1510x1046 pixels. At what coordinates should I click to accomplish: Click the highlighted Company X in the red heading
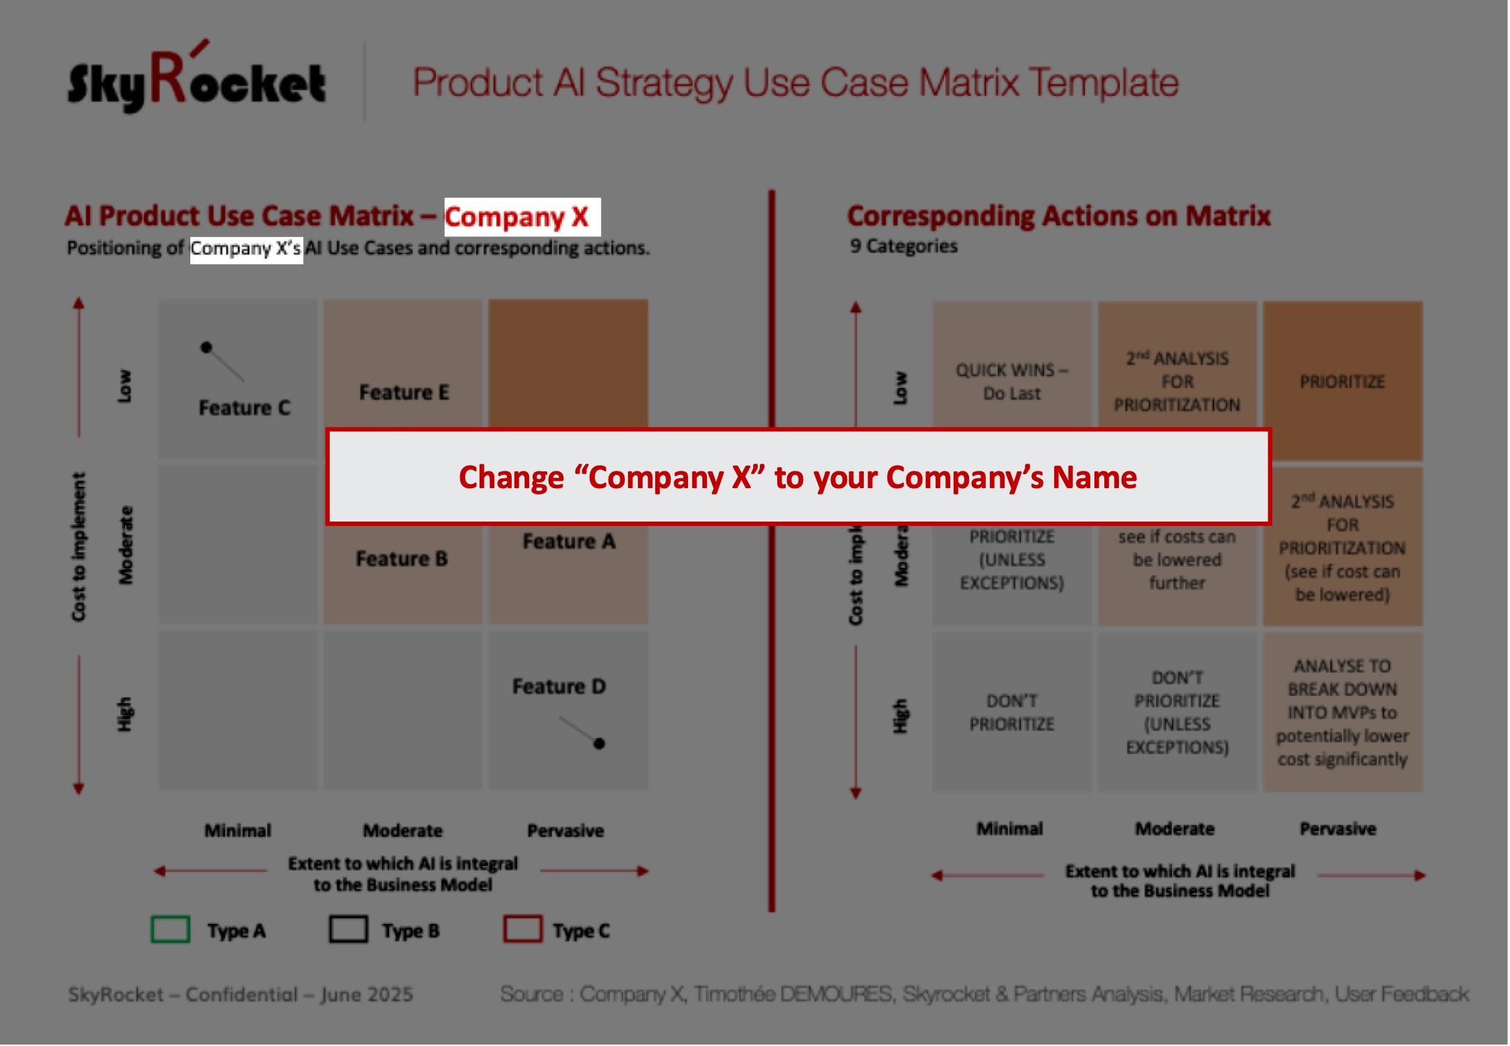click(x=517, y=217)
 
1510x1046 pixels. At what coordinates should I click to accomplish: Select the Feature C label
click(x=244, y=408)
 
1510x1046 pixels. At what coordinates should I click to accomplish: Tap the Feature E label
click(x=404, y=393)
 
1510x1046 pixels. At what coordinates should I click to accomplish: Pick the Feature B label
click(x=402, y=559)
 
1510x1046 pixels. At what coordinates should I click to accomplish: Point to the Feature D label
click(x=559, y=687)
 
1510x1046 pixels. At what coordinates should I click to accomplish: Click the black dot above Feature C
click(x=206, y=347)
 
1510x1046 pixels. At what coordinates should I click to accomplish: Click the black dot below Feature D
click(x=599, y=744)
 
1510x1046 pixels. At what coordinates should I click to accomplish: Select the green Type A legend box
click(x=171, y=930)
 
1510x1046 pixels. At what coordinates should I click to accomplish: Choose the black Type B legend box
click(x=349, y=930)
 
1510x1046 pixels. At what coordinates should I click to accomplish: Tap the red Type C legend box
click(x=523, y=930)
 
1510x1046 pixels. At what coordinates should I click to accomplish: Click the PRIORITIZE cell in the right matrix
click(x=1342, y=381)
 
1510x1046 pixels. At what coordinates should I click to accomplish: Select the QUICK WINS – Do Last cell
click(x=1012, y=381)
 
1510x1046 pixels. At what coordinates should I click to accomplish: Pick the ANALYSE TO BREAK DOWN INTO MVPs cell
click(x=1342, y=712)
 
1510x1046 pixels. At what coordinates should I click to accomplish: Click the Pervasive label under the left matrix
click(x=565, y=831)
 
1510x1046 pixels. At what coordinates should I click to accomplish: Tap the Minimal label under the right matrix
click(x=1009, y=828)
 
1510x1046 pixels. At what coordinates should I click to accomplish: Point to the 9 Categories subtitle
click(x=903, y=246)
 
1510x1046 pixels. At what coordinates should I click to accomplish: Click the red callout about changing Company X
click(x=798, y=477)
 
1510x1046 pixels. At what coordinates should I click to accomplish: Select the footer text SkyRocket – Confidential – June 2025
click(x=241, y=994)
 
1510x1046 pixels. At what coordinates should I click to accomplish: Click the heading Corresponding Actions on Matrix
click(x=1059, y=216)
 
